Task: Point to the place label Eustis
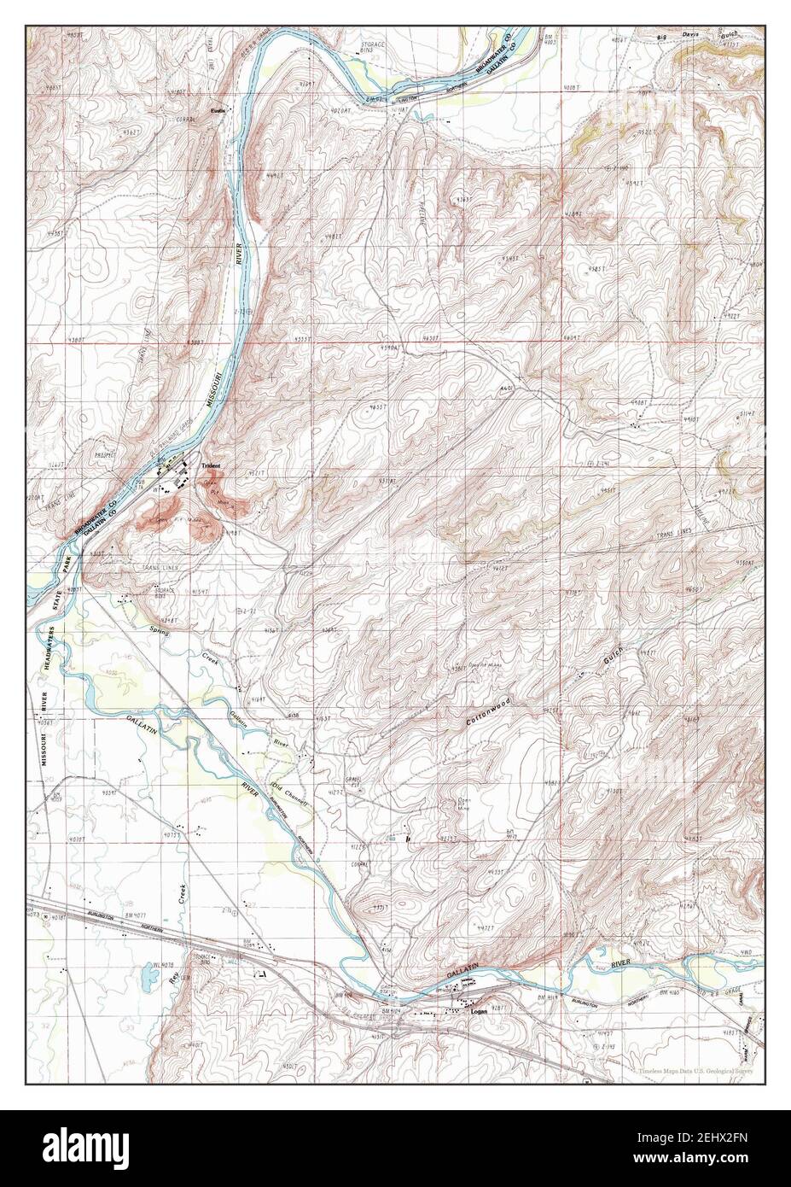pos(219,111)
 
